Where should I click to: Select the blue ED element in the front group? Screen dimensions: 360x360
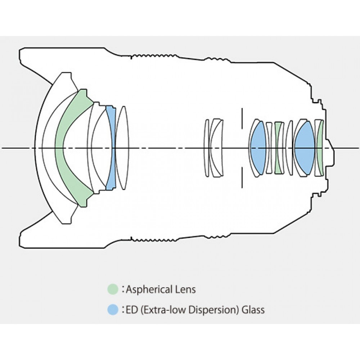pos(111,148)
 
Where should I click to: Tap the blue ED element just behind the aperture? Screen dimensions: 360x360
pos(258,148)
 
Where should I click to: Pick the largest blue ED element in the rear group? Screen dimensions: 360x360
pos(305,148)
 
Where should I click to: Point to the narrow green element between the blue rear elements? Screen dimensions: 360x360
pos(278,148)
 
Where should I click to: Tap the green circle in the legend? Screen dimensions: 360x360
pos(113,289)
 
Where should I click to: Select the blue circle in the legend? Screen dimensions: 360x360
pos(113,309)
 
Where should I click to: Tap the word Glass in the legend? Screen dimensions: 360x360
pos(253,309)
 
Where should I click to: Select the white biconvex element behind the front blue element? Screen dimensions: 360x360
pos(123,148)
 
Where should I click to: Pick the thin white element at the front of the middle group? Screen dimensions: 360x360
pos(207,148)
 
